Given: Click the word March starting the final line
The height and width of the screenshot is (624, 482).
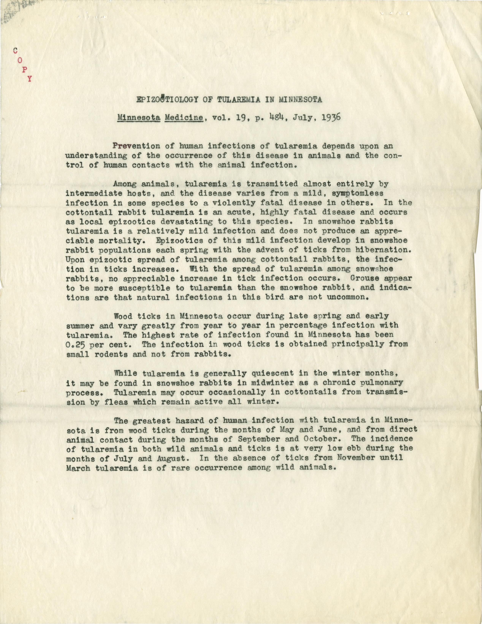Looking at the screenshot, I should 78,468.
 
